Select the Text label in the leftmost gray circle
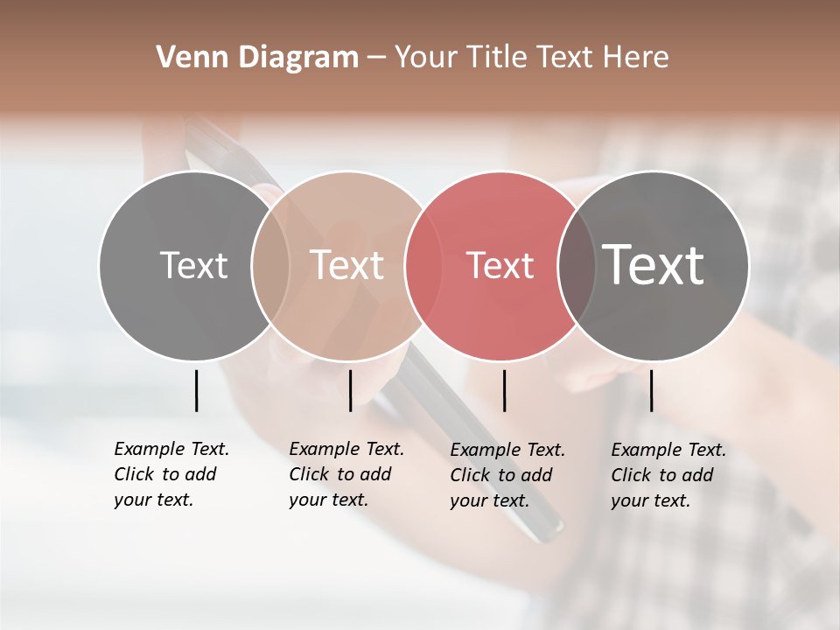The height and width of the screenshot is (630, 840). tap(193, 265)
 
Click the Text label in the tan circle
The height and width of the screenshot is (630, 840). tap(347, 265)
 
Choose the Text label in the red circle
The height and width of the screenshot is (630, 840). tap(500, 266)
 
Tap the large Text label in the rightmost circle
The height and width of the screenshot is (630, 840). tap(654, 265)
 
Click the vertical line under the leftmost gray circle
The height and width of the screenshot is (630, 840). tap(196, 390)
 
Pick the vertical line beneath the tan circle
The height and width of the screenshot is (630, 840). tap(350, 390)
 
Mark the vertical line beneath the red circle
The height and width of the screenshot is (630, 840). tap(504, 390)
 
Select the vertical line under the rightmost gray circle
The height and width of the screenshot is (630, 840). tap(651, 390)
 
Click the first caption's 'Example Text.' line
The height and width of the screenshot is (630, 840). tap(171, 449)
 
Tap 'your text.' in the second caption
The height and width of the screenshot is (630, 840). tap(328, 500)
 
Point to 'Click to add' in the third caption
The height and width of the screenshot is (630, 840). tap(501, 475)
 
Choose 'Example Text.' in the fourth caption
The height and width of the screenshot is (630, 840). tap(668, 450)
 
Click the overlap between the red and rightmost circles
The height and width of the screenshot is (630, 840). tap(577, 266)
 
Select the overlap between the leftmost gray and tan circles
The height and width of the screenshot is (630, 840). tap(270, 266)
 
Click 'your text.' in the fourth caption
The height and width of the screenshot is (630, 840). tap(650, 500)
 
